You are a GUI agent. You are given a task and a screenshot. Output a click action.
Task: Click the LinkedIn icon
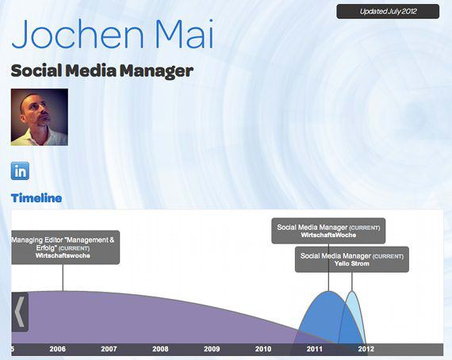20,171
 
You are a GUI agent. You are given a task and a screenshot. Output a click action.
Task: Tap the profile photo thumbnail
40,117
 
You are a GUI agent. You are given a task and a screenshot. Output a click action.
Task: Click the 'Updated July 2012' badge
388,12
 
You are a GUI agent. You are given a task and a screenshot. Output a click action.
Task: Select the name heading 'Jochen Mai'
113,34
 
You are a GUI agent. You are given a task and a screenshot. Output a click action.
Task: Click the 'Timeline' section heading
36,198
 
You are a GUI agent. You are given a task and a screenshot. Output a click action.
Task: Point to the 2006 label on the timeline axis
57,349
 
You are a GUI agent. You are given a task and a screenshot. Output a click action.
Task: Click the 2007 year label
109,349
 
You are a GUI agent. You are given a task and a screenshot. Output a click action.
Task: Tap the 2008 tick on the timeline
160,349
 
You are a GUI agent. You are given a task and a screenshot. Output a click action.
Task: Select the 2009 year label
212,349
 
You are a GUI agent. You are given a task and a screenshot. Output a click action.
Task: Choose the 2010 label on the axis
263,349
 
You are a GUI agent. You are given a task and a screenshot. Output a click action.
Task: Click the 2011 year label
315,349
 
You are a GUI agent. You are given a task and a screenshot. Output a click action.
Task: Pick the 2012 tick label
366,349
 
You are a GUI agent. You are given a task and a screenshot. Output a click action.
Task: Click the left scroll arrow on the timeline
20,312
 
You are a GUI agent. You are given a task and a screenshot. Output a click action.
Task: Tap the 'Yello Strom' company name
351,263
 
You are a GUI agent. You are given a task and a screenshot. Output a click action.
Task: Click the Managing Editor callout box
66,247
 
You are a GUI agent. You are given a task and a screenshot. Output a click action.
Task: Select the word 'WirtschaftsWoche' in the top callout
328,235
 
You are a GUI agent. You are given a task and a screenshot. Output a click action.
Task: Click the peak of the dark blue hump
328,291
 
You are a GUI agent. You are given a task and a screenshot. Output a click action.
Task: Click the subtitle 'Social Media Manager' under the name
102,71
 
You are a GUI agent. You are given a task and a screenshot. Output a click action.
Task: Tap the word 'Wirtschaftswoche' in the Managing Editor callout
63,255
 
